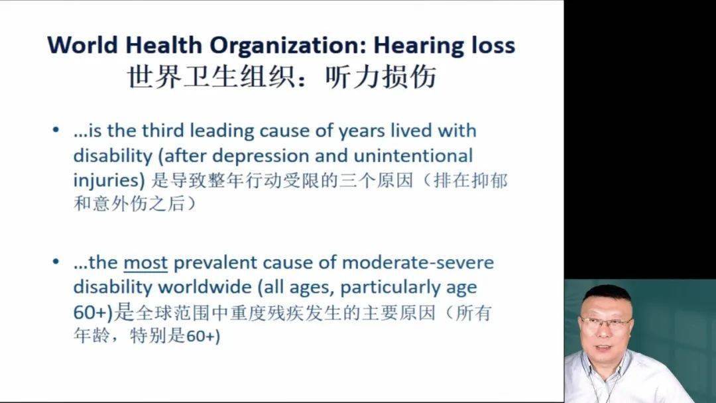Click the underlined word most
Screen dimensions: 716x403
pos(145,263)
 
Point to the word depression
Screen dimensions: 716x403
pos(261,156)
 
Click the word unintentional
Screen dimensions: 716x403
pos(413,156)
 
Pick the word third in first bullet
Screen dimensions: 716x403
pos(163,131)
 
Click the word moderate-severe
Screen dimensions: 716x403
pos(418,263)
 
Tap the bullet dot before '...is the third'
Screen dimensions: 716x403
pos(56,130)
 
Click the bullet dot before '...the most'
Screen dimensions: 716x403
pos(56,262)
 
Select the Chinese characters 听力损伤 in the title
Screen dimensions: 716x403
pos(381,76)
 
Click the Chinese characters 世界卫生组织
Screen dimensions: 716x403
pos(210,76)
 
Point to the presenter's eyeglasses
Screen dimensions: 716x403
pos(605,323)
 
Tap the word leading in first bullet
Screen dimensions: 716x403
pos(222,131)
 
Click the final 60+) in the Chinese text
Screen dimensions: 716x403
pos(204,337)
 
